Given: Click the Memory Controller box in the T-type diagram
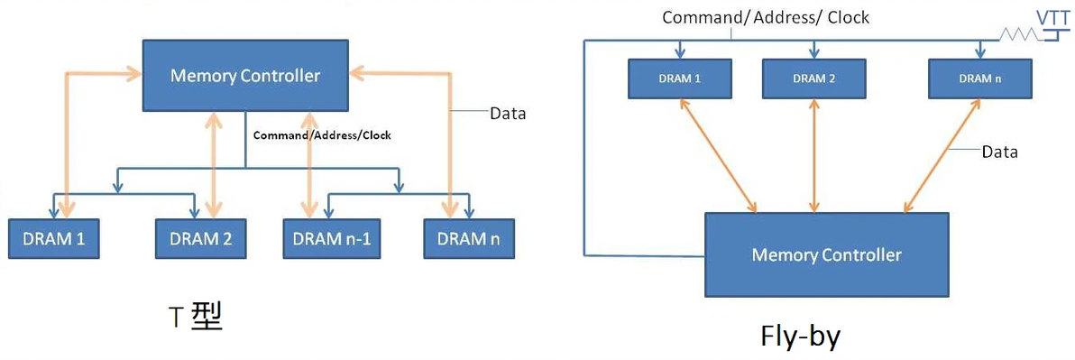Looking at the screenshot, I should pos(245,76).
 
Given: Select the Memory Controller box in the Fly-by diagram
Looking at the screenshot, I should pos(826,254).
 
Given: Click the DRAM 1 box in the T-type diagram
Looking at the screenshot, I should pos(54,239).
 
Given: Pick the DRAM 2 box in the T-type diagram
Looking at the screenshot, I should pos(200,239).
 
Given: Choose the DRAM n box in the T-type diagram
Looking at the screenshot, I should pos(468,239).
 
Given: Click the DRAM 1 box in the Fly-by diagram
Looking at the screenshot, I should pos(678,78).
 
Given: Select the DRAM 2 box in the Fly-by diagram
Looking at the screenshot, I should pos(814,78).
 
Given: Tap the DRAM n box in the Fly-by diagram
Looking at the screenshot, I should pos(979,78).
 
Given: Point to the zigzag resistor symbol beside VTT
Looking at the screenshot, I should pos(1018,35).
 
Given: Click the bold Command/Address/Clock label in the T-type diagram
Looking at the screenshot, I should pos(322,135).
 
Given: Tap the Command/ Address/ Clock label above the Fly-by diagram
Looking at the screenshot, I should pos(766,17).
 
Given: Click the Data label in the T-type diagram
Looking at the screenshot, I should pos(508,114).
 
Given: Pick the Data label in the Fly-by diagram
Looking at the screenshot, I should pos(999,152).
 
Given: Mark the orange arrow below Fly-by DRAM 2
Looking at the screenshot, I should pos(814,155).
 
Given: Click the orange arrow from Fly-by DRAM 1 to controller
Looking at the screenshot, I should pos(719,155).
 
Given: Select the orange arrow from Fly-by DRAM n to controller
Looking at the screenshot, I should pos(941,155).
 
